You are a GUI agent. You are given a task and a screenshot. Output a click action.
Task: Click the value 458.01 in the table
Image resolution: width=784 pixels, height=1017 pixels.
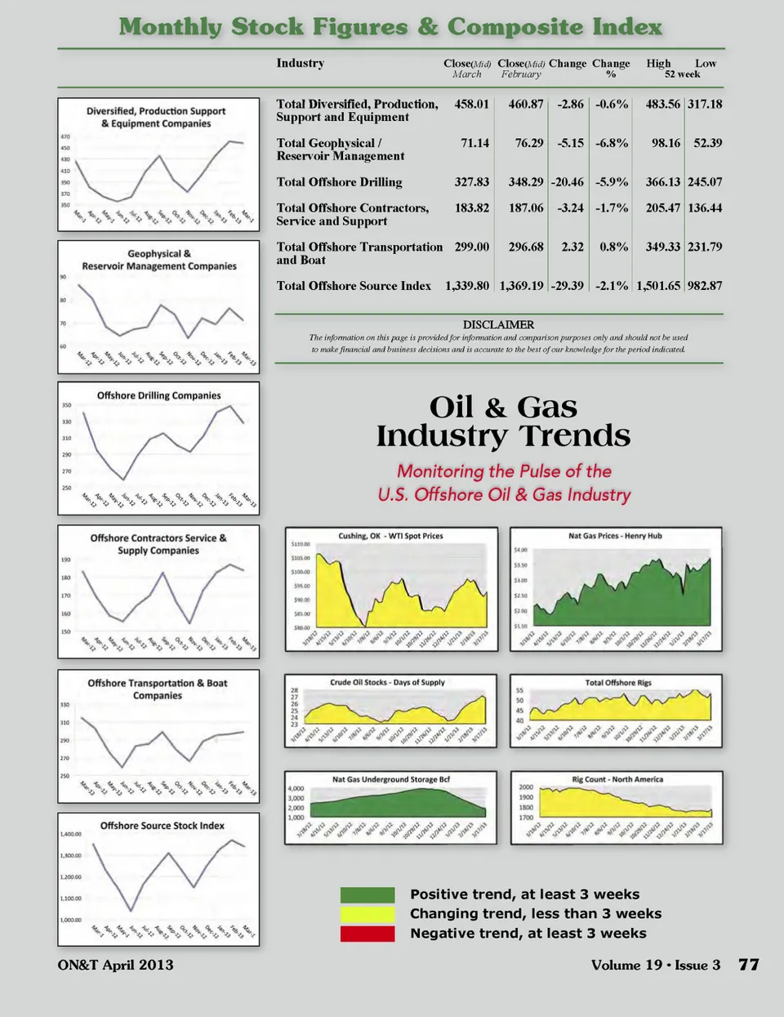click(471, 105)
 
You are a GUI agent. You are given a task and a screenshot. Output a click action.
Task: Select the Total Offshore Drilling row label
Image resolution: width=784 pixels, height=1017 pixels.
click(339, 182)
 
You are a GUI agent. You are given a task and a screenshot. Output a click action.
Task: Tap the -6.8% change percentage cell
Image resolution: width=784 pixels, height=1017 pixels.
click(612, 143)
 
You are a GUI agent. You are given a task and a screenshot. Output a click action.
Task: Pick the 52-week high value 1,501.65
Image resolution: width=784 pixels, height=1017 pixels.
click(658, 286)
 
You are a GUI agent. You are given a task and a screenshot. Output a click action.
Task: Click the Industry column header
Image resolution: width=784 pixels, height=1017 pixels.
click(300, 64)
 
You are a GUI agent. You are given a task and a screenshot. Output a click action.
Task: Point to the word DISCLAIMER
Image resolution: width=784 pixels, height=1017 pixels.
click(498, 324)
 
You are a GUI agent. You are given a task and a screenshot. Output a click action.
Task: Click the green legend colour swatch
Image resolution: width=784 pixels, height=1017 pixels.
click(367, 894)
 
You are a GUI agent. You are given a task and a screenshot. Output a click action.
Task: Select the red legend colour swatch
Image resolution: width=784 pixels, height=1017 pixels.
click(367, 934)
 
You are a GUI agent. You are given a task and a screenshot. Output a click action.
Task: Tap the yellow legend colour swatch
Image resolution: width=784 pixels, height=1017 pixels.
click(367, 914)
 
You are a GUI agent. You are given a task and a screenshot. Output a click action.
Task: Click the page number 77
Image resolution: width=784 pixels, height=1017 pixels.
click(749, 965)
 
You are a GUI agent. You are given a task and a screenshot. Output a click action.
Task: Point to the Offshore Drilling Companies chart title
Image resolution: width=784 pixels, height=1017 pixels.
click(158, 395)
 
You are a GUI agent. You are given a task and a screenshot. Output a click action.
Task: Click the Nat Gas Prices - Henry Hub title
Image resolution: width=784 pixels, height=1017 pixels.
click(615, 537)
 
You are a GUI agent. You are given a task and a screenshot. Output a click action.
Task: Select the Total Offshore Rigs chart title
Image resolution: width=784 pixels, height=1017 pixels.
click(618, 682)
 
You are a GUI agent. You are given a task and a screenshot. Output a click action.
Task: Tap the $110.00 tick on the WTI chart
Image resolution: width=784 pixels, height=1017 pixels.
click(301, 544)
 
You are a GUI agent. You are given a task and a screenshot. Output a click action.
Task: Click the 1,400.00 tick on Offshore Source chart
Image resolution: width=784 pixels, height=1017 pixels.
click(71, 834)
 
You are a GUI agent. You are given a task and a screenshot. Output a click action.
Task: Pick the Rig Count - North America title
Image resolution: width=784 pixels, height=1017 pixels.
click(617, 779)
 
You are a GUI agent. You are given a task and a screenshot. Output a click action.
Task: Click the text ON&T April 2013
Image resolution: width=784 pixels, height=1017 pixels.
click(115, 965)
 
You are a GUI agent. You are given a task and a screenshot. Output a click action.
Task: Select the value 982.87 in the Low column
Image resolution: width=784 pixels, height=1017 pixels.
click(705, 286)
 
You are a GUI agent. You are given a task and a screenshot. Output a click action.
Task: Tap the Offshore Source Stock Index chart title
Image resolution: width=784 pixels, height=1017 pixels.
click(162, 826)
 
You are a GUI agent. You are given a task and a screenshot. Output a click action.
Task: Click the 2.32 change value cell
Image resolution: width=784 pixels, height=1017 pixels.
click(572, 247)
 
